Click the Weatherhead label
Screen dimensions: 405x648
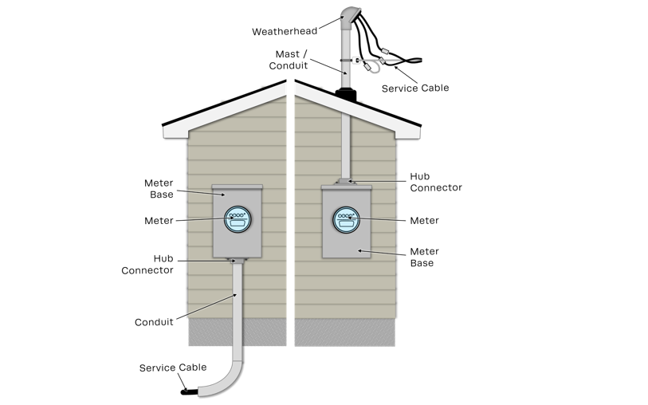coord(285,32)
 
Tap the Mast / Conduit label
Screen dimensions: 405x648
coord(288,60)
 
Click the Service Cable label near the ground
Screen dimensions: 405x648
coord(173,368)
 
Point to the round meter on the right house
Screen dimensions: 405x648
coord(346,219)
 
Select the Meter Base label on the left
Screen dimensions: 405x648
coord(160,189)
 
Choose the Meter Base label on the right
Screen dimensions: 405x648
coord(424,257)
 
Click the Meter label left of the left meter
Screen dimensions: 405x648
coord(159,220)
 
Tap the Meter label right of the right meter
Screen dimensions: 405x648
coord(424,220)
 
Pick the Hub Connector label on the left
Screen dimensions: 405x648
coord(147,264)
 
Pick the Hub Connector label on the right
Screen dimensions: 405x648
coord(436,182)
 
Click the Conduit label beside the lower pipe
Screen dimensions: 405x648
coord(153,322)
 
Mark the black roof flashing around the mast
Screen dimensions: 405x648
coord(347,95)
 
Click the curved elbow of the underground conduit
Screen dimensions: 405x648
coord(226,382)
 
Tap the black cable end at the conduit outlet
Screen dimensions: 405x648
coord(188,391)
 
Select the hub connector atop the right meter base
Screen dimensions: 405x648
coord(347,183)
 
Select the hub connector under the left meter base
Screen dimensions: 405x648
coord(237,261)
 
